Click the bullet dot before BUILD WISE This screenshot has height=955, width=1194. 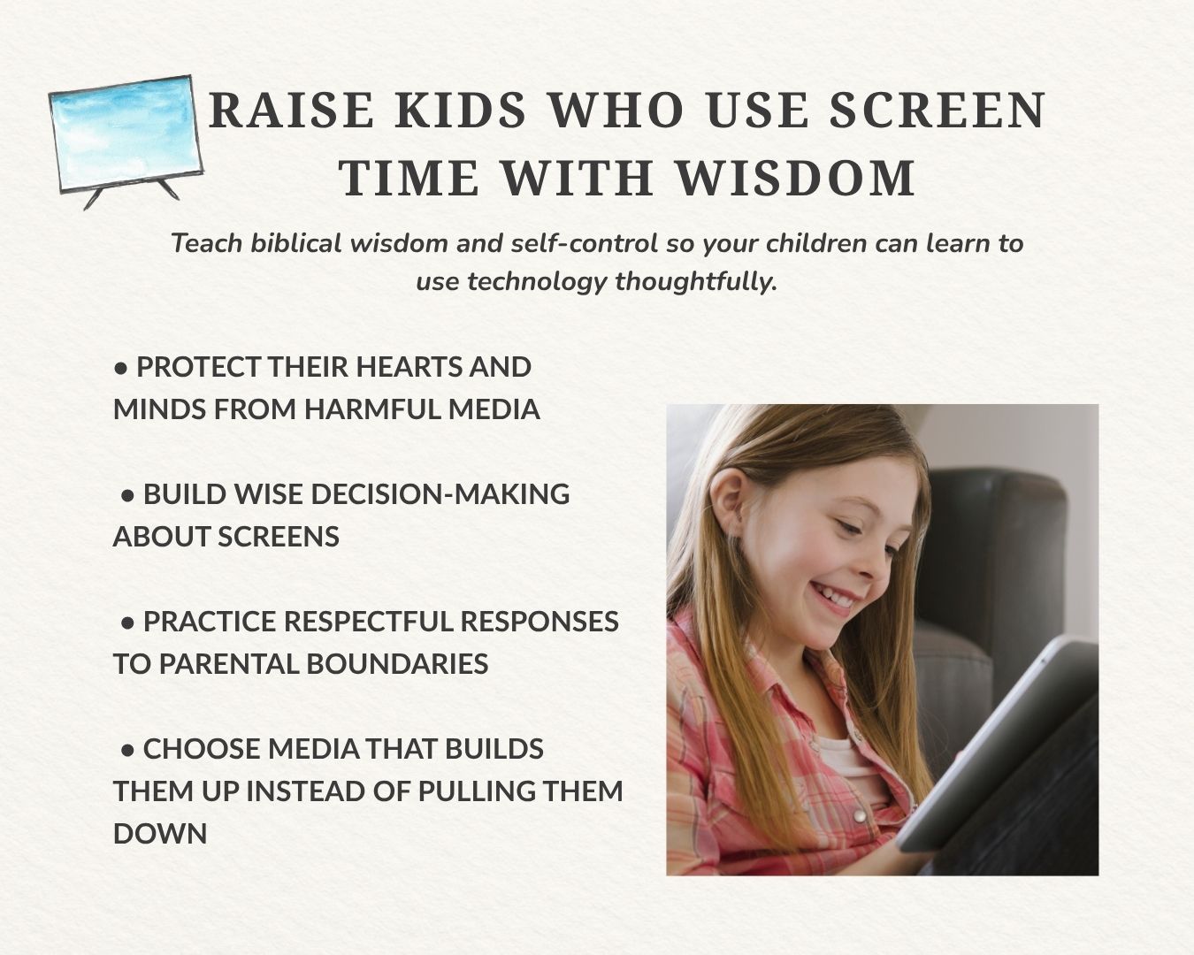coord(127,496)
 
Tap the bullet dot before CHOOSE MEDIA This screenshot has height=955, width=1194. coord(127,751)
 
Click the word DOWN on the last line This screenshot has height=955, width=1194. coord(160,834)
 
